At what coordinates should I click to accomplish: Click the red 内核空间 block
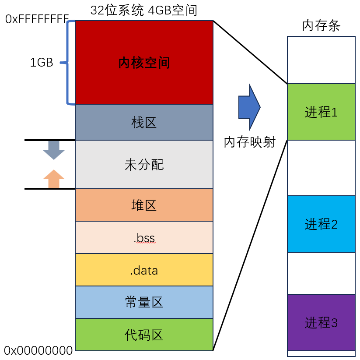tap(144, 63)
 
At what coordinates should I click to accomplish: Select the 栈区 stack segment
tap(144, 122)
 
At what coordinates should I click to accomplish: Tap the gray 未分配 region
tap(144, 165)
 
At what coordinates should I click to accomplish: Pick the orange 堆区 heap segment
tap(144, 205)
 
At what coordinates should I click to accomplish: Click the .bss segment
tap(144, 238)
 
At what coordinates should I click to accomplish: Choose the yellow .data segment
tap(144, 270)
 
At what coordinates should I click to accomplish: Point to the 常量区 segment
tap(144, 302)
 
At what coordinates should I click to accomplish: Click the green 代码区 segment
tap(144, 335)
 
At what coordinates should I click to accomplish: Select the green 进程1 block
tap(321, 112)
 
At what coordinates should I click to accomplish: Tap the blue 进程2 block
tap(321, 224)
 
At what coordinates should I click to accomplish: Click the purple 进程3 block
tap(321, 323)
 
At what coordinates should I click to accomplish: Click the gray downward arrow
tap(54, 150)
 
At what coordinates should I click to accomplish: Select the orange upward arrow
tap(54, 179)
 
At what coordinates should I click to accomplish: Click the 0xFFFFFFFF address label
tap(37, 19)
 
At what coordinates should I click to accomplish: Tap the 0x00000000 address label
tap(38, 350)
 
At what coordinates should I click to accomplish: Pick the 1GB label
tap(42, 63)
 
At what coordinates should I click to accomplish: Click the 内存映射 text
tap(249, 142)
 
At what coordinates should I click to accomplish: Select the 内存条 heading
tap(321, 27)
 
